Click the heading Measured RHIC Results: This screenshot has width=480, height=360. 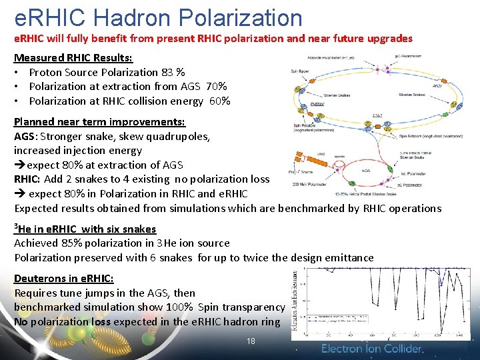[73, 58]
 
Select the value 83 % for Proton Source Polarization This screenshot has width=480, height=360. [172, 72]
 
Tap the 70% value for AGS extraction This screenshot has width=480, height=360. [217, 87]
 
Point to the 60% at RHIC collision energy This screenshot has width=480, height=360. [219, 101]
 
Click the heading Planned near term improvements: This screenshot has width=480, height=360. [99, 122]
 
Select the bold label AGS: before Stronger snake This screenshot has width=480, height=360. [26, 137]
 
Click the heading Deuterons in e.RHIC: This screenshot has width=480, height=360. [64, 279]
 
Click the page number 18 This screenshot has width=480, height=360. [251, 341]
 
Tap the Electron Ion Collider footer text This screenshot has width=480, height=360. [372, 349]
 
